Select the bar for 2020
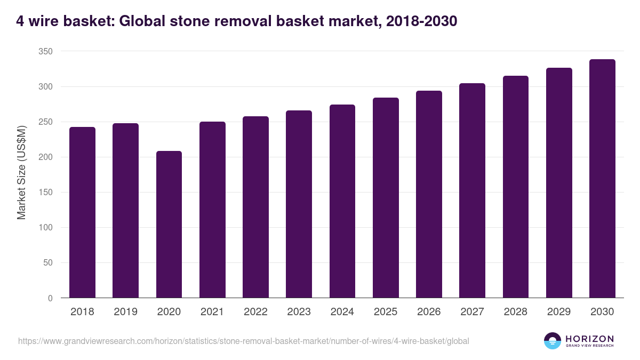tap(169, 225)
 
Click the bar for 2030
tap(602, 179)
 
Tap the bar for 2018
tap(82, 213)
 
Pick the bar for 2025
tap(386, 198)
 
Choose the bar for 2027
tap(472, 190)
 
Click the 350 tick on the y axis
tap(45, 52)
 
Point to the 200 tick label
tap(45, 157)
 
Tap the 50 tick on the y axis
tap(47, 263)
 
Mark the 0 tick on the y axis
tap(50, 298)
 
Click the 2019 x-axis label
tap(125, 311)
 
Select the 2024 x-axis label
tap(342, 311)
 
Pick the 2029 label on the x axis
tap(559, 311)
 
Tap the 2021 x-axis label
tap(212, 311)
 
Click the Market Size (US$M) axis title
tap(22, 172)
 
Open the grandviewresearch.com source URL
tap(243, 341)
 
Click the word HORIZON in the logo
tap(589, 339)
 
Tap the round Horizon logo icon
tap(553, 341)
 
